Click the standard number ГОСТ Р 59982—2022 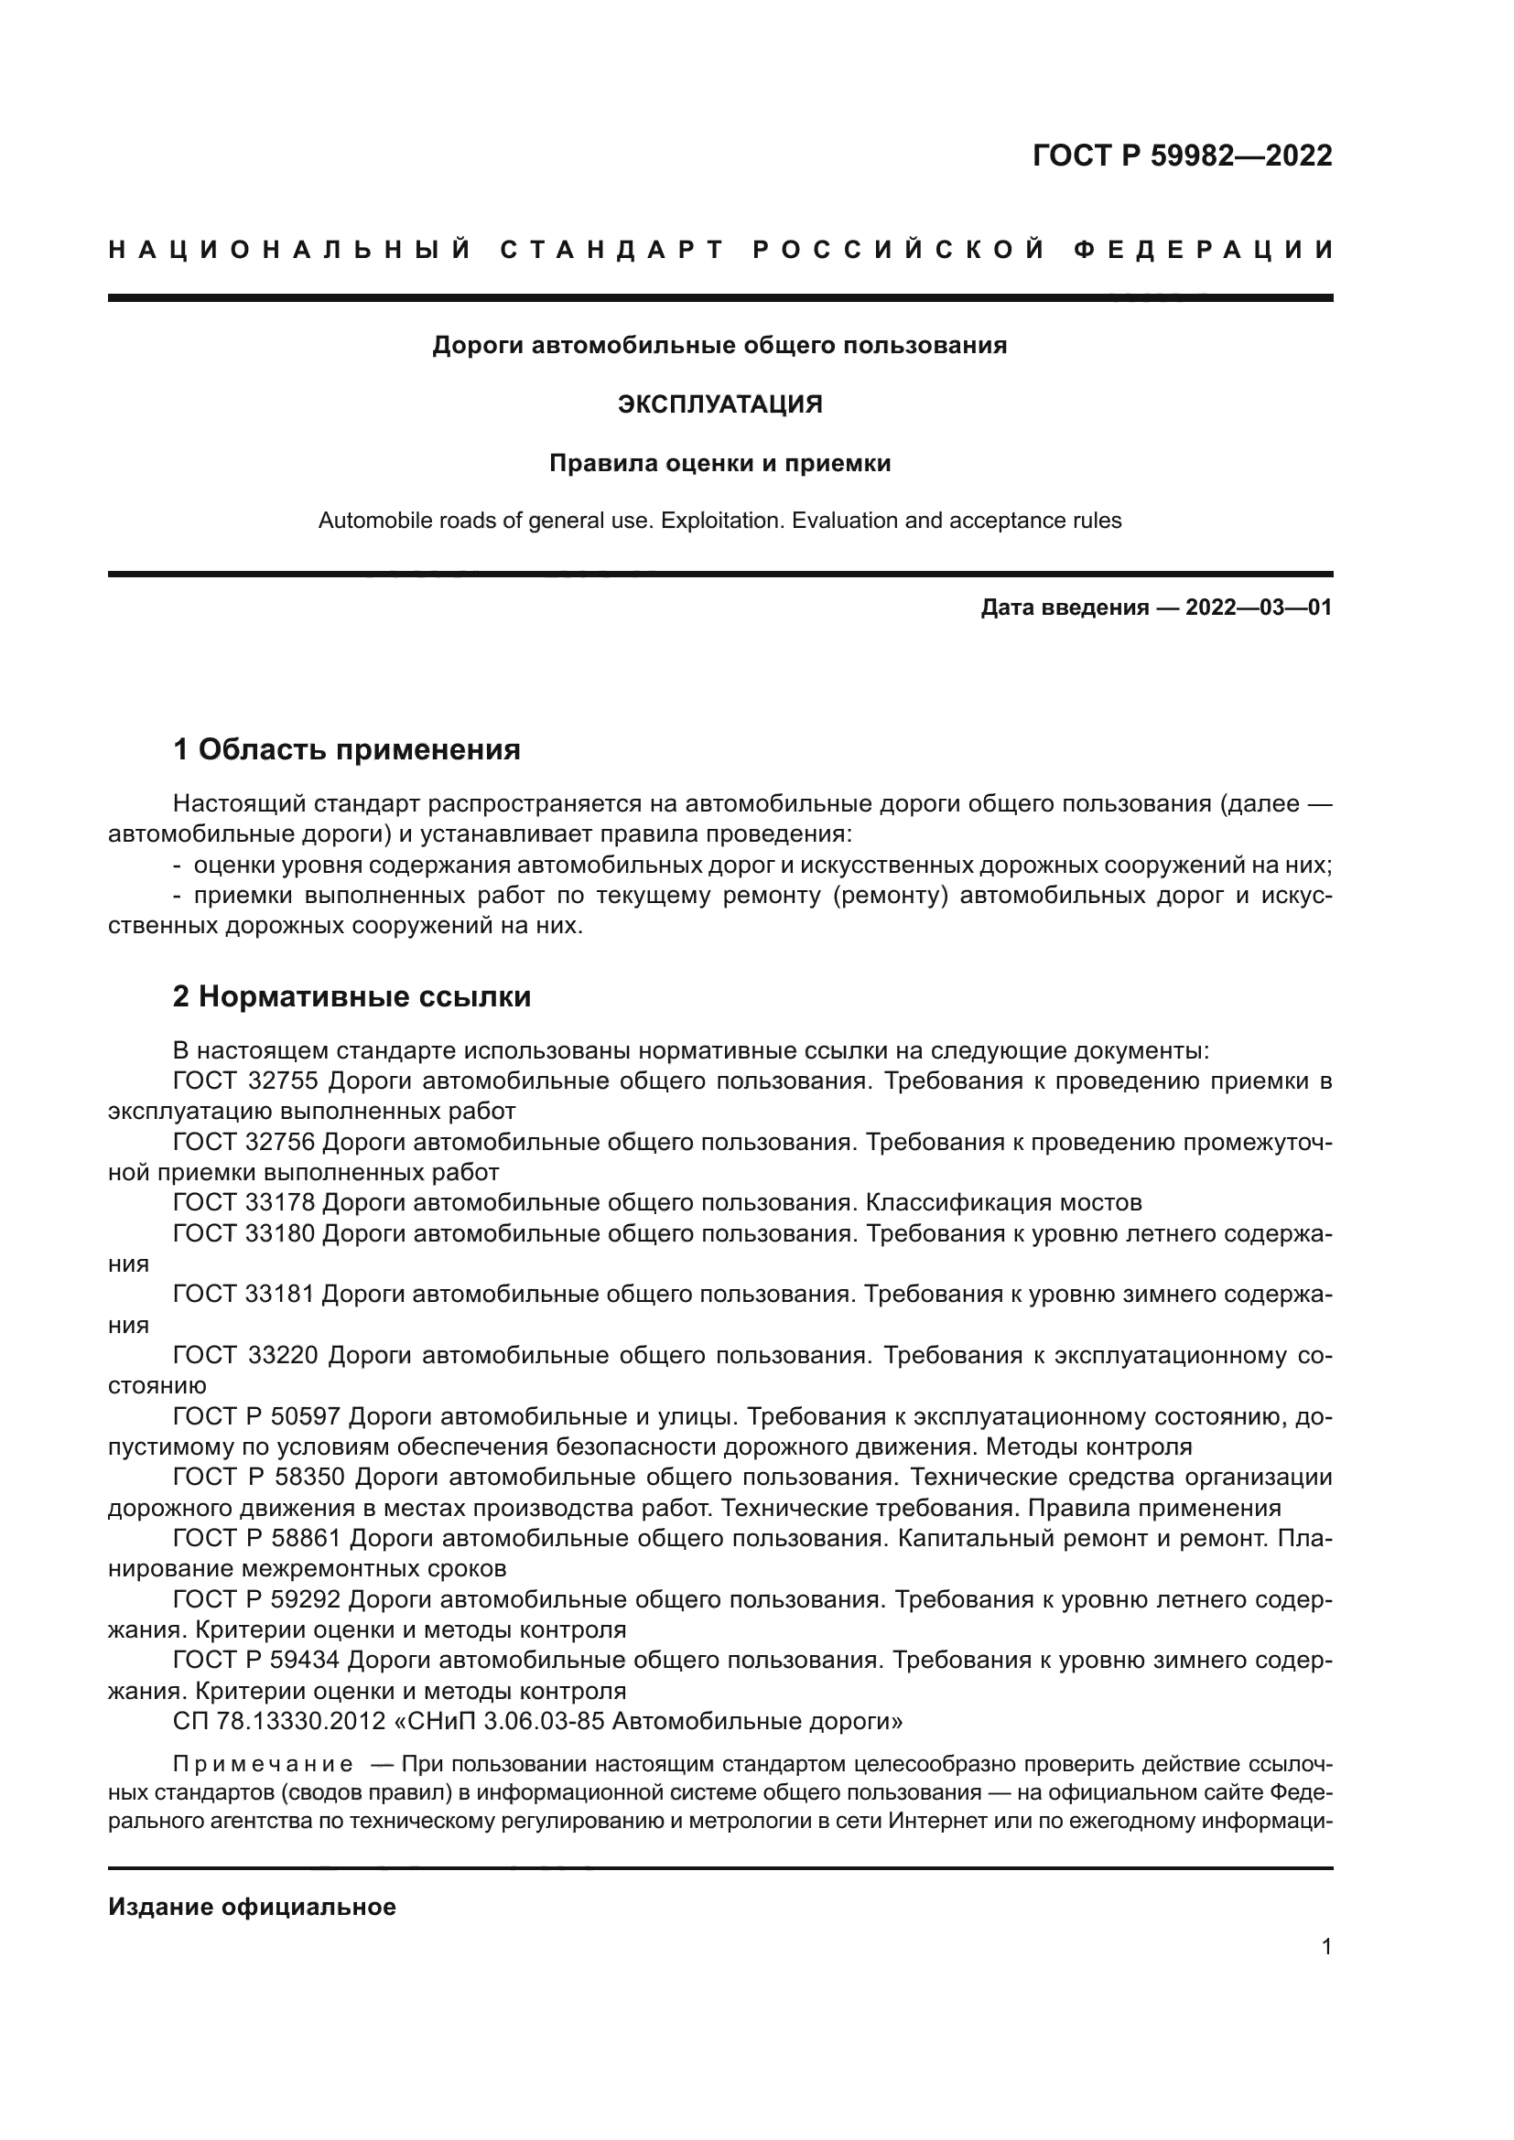[x=1181, y=156]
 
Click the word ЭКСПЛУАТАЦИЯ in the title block [x=719, y=404]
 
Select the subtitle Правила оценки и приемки [x=719, y=463]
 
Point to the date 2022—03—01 [x=1258, y=608]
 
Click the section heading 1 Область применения [x=347, y=749]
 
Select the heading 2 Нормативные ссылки [x=351, y=996]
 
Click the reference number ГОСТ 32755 [x=246, y=1081]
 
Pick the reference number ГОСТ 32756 [x=246, y=1142]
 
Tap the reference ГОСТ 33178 [x=246, y=1202]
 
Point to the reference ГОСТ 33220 [x=246, y=1355]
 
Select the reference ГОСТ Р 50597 [x=259, y=1416]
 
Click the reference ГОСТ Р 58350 [x=259, y=1478]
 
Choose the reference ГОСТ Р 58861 [x=259, y=1538]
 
